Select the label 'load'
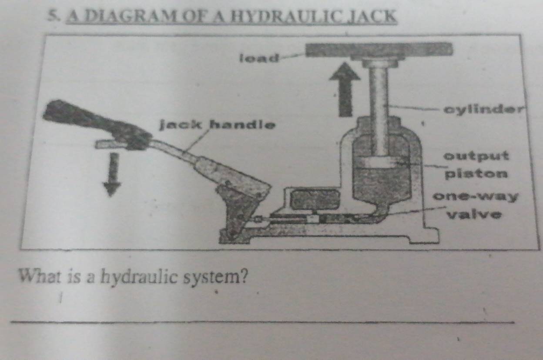click(259, 58)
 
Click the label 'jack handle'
click(217, 125)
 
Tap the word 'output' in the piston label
click(476, 156)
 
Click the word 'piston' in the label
click(476, 174)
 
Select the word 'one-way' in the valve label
click(476, 197)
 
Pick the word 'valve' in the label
click(474, 215)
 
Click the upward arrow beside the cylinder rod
click(345, 89)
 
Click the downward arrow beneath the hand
click(112, 174)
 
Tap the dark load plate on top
click(379, 50)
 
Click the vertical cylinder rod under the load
click(379, 109)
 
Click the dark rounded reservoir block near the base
click(315, 200)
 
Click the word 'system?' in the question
click(215, 277)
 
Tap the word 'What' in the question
click(40, 276)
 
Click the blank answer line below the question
click(262, 323)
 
